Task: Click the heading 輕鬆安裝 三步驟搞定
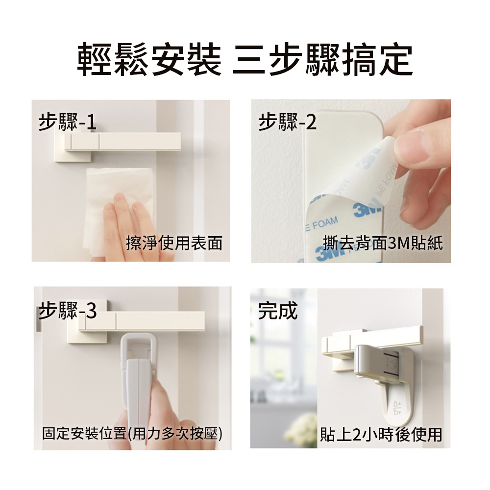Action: (x=245, y=60)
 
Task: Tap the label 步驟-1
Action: (x=68, y=122)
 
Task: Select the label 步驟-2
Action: (x=287, y=122)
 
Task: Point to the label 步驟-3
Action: (x=68, y=311)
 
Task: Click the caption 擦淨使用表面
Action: (x=174, y=243)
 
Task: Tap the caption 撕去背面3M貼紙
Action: (x=383, y=243)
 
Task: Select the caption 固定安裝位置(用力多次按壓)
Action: (x=132, y=434)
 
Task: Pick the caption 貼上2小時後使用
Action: (x=381, y=434)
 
